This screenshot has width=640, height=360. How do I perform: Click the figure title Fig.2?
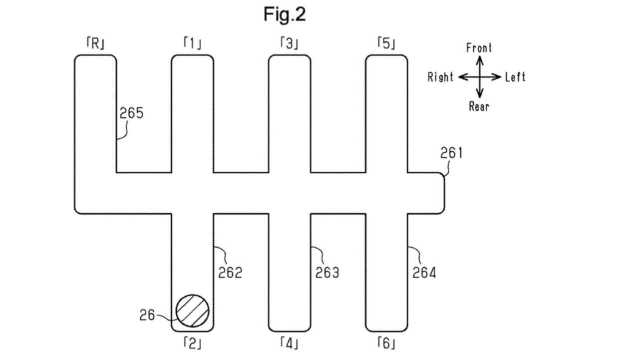pos(285,14)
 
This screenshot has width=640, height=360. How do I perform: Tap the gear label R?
pos(95,44)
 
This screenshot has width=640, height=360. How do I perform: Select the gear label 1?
pos(192,44)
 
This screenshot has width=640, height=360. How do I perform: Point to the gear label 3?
pos(289,44)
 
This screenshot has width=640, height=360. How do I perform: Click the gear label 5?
pos(386,44)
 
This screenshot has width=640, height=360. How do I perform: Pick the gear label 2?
pos(192,343)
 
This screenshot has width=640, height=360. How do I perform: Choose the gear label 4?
pos(289,343)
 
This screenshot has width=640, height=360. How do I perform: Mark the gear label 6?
pos(386,343)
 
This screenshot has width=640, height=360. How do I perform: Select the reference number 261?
pos(451,153)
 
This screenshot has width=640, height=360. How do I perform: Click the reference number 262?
pos(230,273)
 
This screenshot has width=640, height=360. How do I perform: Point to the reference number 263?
pos(327,273)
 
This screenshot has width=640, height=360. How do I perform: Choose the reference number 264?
pos(424,273)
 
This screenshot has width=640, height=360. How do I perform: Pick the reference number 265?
pos(131,113)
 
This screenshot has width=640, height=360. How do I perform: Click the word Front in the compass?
pos(479,48)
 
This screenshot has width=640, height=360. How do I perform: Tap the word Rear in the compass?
pos(479,106)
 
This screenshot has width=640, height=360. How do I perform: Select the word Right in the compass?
pos(440,77)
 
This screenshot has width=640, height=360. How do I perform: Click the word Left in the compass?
pos(515,77)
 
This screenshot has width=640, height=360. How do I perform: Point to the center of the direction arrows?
pos(479,77)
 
